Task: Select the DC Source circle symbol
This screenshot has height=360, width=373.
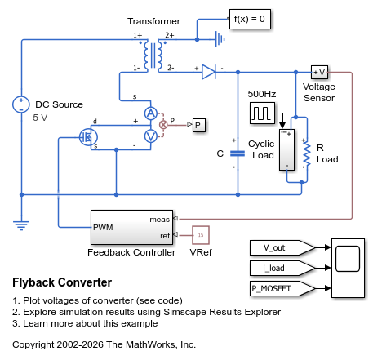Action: click(21, 104)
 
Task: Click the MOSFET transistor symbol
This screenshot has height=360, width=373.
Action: click(89, 137)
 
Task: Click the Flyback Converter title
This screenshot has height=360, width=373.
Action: click(63, 282)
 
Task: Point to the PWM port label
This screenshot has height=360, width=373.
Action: click(104, 228)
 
